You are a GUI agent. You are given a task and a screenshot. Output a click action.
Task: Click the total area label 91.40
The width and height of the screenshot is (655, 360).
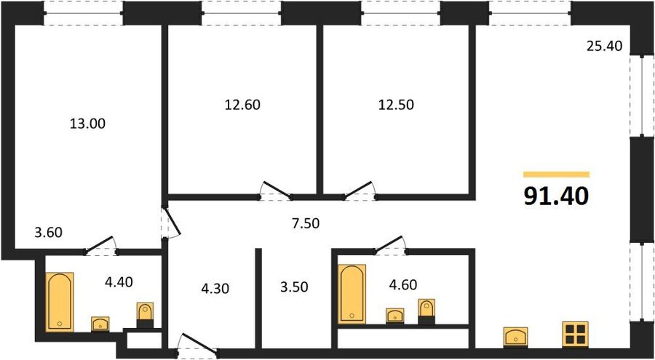[556, 196]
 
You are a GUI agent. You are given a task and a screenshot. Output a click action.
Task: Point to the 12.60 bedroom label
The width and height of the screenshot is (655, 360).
[242, 105]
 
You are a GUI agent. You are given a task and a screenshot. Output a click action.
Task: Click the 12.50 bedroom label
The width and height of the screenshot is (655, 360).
[396, 105]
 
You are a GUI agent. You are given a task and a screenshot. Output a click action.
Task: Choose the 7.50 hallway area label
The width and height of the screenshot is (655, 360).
[306, 224]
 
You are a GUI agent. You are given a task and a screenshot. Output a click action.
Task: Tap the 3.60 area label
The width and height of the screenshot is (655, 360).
[48, 232]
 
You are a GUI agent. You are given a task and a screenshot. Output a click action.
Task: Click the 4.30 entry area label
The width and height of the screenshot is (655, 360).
[215, 288]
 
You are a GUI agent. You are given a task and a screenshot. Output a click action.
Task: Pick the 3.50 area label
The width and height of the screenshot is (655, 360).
[294, 287]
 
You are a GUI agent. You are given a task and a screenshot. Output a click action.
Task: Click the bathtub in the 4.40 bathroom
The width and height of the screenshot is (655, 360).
[60, 302]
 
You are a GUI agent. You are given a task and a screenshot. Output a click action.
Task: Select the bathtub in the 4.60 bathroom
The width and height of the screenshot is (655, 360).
[352, 294]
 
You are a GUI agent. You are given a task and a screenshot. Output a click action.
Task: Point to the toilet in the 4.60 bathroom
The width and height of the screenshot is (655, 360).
[426, 311]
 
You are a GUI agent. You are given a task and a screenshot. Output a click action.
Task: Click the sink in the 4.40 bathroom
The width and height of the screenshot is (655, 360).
[100, 324]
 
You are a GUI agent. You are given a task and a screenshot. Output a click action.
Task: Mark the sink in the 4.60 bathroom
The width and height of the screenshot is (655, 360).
[394, 316]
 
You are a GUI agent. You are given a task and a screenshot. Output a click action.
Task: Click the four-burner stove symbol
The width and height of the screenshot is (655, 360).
[575, 335]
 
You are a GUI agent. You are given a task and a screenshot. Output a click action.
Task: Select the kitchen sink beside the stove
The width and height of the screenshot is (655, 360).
[515, 337]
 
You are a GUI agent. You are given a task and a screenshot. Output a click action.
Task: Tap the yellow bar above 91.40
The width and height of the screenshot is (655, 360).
[557, 175]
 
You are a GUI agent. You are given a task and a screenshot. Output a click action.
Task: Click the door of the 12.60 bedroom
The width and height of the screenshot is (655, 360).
[275, 189]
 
